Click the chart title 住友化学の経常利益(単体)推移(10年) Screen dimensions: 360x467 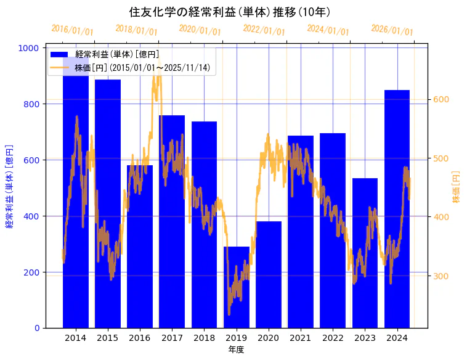[x=230, y=12]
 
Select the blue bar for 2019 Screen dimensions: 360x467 [x=237, y=287]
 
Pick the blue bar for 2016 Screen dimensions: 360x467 [x=140, y=247]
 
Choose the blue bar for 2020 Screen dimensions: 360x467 [x=269, y=274]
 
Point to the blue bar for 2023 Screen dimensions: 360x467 [x=365, y=253]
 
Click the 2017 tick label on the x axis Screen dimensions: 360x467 [x=172, y=338]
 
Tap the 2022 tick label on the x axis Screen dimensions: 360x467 [x=333, y=338]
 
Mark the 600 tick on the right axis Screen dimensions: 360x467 [x=443, y=99]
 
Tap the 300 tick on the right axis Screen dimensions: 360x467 [x=443, y=276]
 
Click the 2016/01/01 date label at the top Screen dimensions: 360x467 [x=72, y=30]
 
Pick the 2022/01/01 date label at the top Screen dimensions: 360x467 [x=264, y=30]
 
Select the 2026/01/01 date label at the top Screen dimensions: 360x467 [x=392, y=30]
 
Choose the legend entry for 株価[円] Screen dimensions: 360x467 [x=145, y=67]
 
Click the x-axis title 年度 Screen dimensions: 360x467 [x=236, y=350]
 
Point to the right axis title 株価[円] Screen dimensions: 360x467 [x=457, y=188]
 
